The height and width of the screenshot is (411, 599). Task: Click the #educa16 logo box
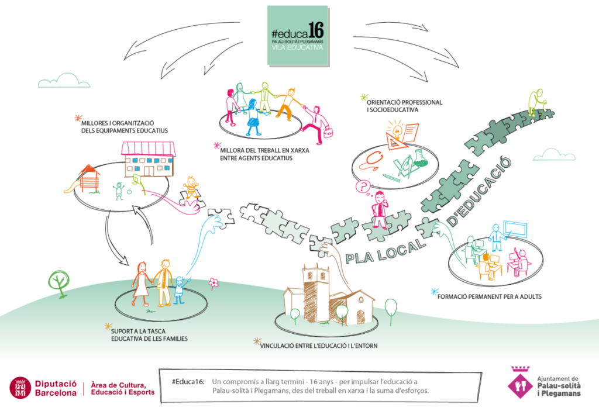click(297, 36)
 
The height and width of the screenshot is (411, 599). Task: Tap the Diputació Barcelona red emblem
click(21, 388)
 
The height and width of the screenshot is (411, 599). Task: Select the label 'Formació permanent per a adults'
click(489, 296)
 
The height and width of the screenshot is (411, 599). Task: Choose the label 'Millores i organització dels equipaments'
click(125, 127)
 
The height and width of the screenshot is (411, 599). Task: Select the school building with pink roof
click(148, 158)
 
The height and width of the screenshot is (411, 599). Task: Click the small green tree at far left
click(59, 281)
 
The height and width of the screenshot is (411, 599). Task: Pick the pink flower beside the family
click(214, 284)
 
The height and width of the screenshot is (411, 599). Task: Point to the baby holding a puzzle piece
click(190, 189)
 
